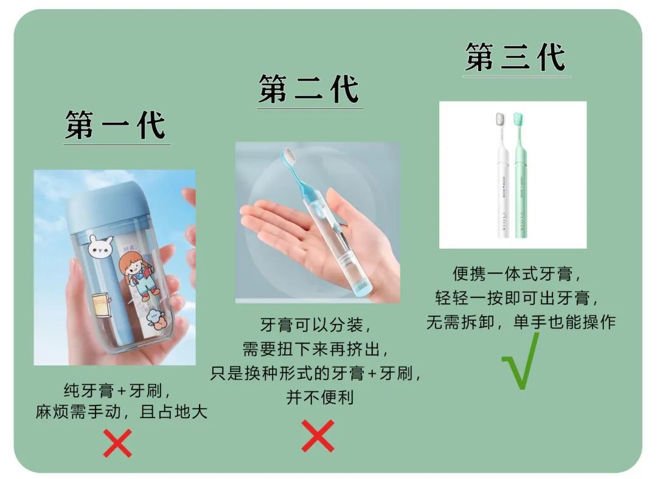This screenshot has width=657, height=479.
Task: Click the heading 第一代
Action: (x=116, y=125)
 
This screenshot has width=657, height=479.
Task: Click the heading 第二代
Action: (x=309, y=89)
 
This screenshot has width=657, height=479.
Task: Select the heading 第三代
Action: (x=516, y=57)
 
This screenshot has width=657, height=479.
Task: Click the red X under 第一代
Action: (x=118, y=443)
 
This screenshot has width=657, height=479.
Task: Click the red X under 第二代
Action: (x=318, y=436)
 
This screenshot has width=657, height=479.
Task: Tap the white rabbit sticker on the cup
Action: (x=100, y=246)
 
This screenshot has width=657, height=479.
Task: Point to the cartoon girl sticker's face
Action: (x=131, y=264)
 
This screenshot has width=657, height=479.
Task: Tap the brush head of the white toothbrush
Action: (x=500, y=119)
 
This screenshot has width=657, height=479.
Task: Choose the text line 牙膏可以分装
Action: (x=311, y=325)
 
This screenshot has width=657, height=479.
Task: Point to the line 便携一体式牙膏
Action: (x=512, y=274)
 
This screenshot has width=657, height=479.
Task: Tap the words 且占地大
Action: (x=173, y=412)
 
